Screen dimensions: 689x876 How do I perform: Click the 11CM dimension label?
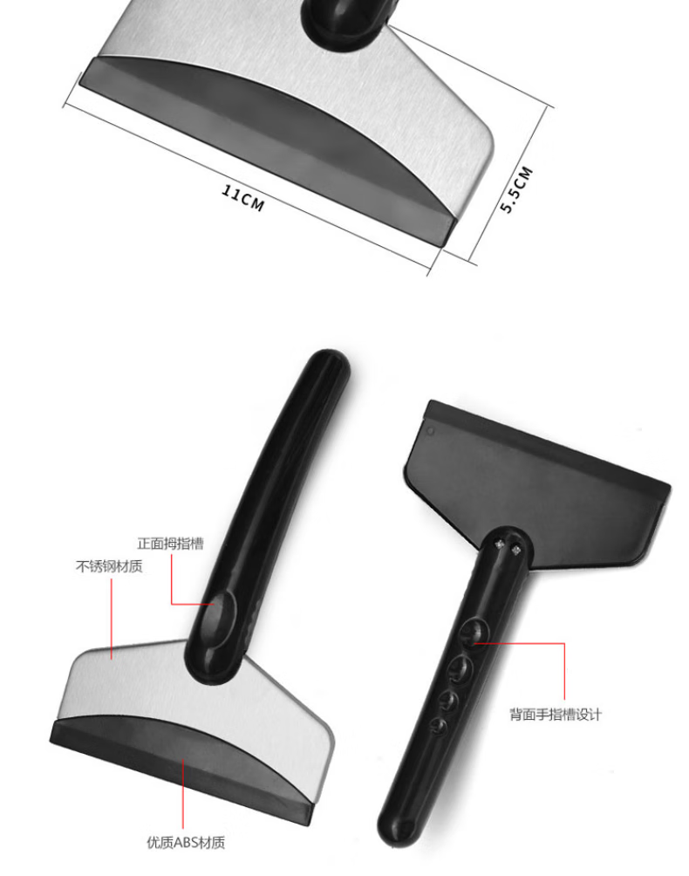242,198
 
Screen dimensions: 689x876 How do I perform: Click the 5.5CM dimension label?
516,189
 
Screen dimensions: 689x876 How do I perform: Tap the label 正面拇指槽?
170,544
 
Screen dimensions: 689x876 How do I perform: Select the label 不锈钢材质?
109,566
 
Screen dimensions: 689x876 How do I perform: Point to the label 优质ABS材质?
186,843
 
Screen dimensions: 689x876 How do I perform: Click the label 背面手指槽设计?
556,714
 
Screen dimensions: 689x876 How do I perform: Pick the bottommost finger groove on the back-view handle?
440,725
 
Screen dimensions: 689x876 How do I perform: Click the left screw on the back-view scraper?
500,544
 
